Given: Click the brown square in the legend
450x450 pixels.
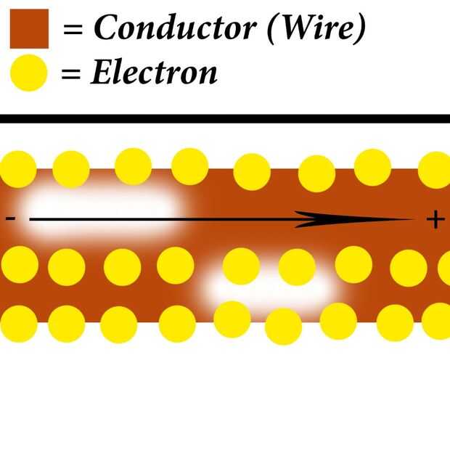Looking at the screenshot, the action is click(x=29, y=29).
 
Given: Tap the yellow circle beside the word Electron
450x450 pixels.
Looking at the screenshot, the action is click(x=29, y=73).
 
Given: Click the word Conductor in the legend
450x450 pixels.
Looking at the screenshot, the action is click(x=175, y=28).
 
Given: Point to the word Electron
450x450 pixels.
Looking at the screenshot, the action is click(x=154, y=72).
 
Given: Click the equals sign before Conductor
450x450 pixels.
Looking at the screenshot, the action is click(x=73, y=29).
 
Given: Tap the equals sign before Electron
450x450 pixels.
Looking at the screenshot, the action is click(x=71, y=73).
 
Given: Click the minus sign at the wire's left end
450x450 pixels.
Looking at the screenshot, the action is click(x=11, y=218).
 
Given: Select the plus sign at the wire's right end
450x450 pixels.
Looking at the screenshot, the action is click(x=435, y=219).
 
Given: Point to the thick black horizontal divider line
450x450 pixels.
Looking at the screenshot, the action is click(x=225, y=118).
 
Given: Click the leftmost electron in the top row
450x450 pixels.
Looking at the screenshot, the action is click(x=18, y=169).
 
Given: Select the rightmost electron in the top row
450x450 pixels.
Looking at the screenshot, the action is click(x=435, y=170).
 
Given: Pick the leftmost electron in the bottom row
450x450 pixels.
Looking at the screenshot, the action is click(x=19, y=324).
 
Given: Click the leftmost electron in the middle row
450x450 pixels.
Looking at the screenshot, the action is click(x=20, y=265).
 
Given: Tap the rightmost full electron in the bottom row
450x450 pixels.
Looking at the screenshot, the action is click(x=395, y=322).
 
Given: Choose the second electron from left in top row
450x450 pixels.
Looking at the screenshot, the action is click(x=71, y=170).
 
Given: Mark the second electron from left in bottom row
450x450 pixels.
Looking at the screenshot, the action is click(x=67, y=324).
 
